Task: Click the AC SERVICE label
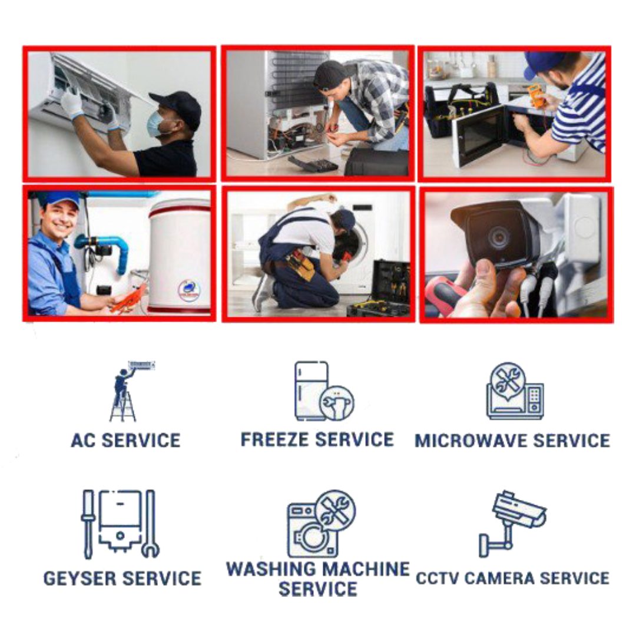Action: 125,440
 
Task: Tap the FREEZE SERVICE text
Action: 317,440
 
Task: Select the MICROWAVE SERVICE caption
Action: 512,441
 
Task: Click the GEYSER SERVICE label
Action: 122,578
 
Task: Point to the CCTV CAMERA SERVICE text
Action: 512,578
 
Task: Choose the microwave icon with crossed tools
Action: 515,391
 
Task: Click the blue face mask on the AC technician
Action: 155,124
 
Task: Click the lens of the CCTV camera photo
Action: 499,238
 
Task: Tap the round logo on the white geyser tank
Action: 189,289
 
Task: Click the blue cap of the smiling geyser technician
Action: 62,200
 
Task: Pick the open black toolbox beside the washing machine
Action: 379,289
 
